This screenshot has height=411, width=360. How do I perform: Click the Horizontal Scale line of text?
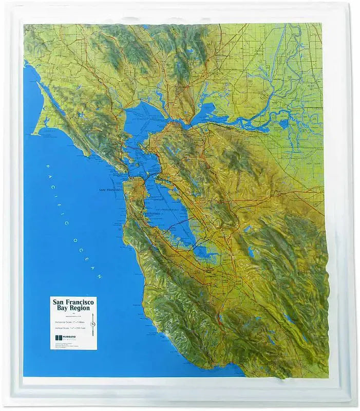click(x=69, y=322)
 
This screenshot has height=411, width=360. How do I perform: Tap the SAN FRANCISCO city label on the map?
click(x=111, y=190)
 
